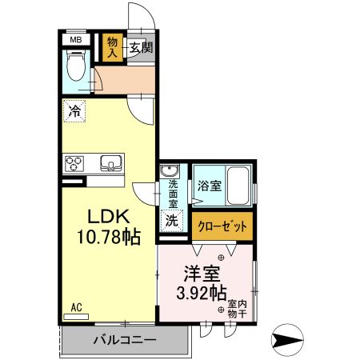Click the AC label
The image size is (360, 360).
(x=77, y=307)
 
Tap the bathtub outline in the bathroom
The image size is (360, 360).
(x=240, y=186)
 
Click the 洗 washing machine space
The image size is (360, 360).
(x=171, y=220)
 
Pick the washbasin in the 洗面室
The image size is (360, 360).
(x=170, y=172)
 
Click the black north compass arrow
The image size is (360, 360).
(x=290, y=340)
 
